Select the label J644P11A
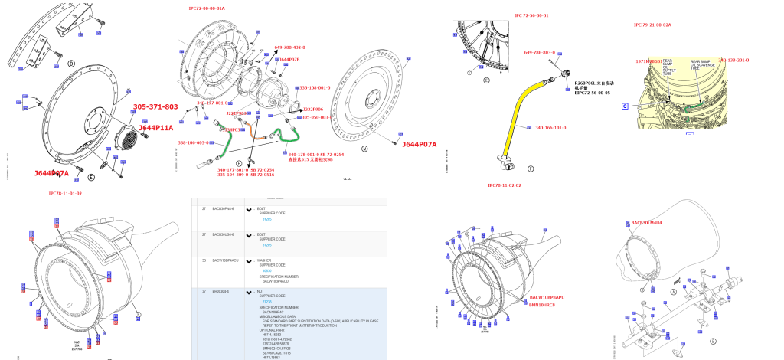pos(155,128)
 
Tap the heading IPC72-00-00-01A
pos(207,8)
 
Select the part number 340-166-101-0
pos(550,128)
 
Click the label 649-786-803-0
pos(539,52)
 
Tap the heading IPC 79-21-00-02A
pos(652,25)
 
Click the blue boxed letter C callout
pos(625,106)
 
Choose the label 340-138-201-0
pos(733,60)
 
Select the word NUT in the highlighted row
pos(260,291)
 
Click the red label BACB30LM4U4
pos(646,223)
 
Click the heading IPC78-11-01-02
pos(65,194)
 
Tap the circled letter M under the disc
pos(364,149)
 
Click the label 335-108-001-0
pos(314,88)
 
